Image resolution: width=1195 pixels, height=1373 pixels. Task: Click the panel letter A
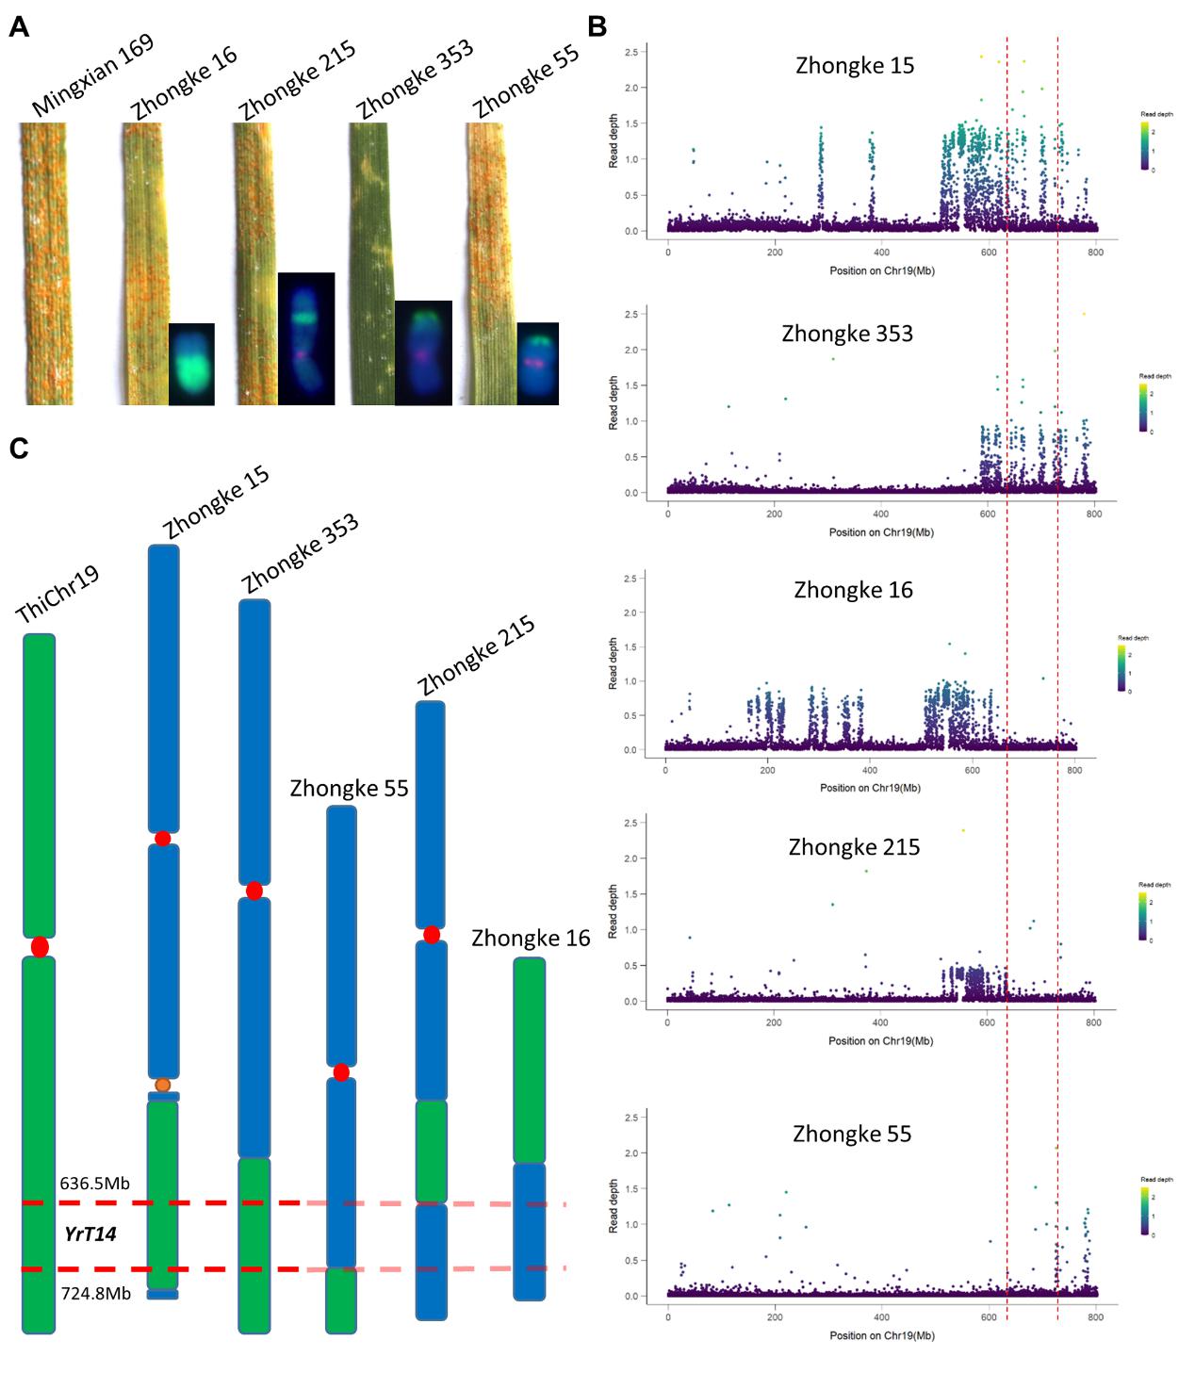pyautogui.click(x=19, y=27)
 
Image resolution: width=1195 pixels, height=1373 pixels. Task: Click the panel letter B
pyautogui.click(x=597, y=27)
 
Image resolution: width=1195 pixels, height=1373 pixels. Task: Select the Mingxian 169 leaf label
pyautogui.click(x=91, y=77)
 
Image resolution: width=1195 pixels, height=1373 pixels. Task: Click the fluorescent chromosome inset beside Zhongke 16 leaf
pyautogui.click(x=191, y=364)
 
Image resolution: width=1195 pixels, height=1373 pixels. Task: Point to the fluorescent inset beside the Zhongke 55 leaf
pyautogui.click(x=537, y=363)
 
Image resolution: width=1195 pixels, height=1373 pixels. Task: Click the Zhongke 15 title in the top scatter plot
pyautogui.click(x=855, y=66)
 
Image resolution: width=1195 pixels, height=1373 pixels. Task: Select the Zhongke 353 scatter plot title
pyautogui.click(x=847, y=334)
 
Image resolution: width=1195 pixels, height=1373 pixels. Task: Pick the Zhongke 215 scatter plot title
pyautogui.click(x=854, y=847)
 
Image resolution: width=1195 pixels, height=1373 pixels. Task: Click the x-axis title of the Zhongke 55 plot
pyautogui.click(x=880, y=1335)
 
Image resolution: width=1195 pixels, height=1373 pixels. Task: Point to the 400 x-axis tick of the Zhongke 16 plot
pyautogui.click(x=870, y=770)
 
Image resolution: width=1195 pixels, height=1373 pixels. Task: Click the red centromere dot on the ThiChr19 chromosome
pyautogui.click(x=40, y=946)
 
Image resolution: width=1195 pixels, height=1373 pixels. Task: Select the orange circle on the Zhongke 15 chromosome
pyautogui.click(x=163, y=1085)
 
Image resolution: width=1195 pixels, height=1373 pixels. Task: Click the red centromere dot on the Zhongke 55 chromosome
pyautogui.click(x=341, y=1072)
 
